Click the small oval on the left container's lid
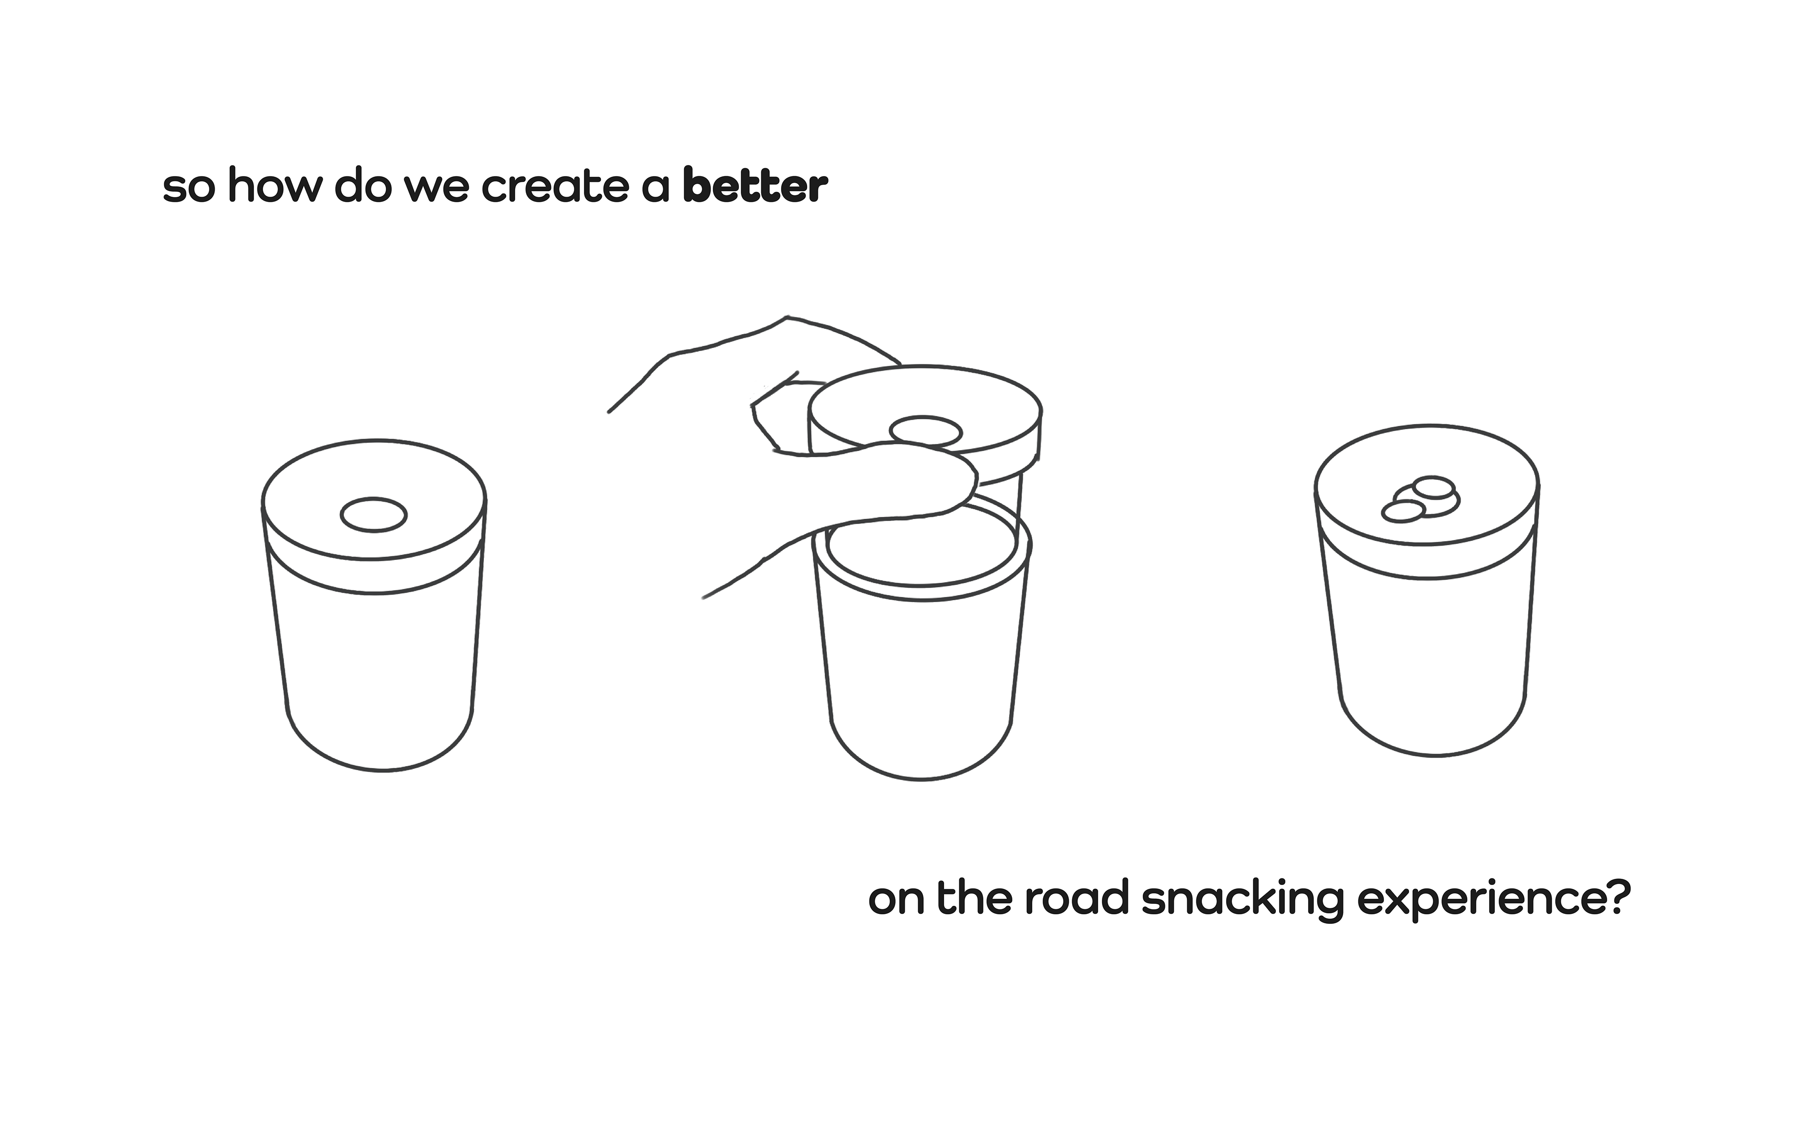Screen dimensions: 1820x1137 pyautogui.click(x=374, y=515)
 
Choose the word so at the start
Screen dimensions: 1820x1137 pyautogui.click(x=188, y=188)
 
